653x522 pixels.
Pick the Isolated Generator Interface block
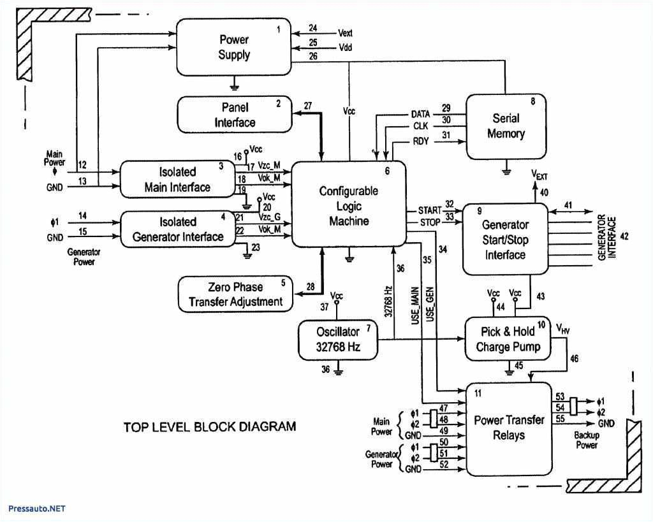tap(177, 229)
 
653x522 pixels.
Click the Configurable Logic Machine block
tap(349, 205)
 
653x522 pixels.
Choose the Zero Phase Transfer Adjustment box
tap(235, 294)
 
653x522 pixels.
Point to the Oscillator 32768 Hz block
tap(338, 339)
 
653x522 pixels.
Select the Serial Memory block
tap(506, 126)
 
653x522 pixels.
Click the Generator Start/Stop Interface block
tap(504, 240)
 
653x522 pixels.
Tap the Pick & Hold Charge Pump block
tap(508, 339)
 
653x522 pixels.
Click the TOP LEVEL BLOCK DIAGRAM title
tap(209, 426)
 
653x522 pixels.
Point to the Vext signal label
tap(346, 33)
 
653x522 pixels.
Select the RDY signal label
tap(420, 141)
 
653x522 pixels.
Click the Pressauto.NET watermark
tap(37, 509)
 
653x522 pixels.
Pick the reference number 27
tap(308, 106)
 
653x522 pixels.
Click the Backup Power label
tap(586, 440)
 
